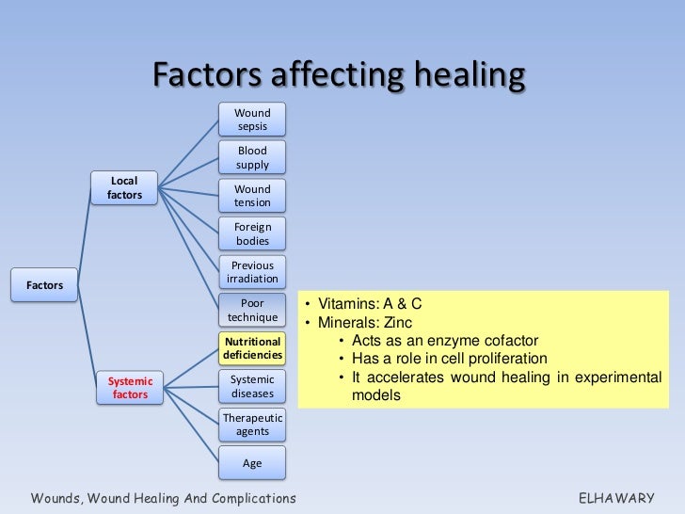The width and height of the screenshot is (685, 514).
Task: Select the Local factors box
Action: pyautogui.click(x=123, y=187)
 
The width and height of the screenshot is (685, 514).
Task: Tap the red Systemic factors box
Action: pyautogui.click(x=131, y=388)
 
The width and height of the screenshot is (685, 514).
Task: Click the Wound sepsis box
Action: pyautogui.click(x=252, y=120)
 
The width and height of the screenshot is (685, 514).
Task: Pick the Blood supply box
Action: pyautogui.click(x=252, y=157)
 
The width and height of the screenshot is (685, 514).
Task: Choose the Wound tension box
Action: pyautogui.click(x=252, y=196)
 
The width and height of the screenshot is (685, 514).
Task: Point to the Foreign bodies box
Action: pyautogui.click(x=252, y=233)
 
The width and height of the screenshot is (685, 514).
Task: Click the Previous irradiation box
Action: pyautogui.click(x=252, y=272)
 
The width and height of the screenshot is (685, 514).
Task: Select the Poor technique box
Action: pyautogui.click(x=252, y=311)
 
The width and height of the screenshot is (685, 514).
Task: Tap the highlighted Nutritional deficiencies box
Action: pyautogui.click(x=252, y=348)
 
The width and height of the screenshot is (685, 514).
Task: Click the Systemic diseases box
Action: pyautogui.click(x=252, y=386)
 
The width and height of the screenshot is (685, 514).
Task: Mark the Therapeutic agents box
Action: pyautogui.click(x=252, y=424)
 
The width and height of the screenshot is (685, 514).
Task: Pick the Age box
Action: pyautogui.click(x=252, y=463)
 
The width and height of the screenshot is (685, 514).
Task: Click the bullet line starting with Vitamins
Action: pyautogui.click(x=374, y=304)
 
